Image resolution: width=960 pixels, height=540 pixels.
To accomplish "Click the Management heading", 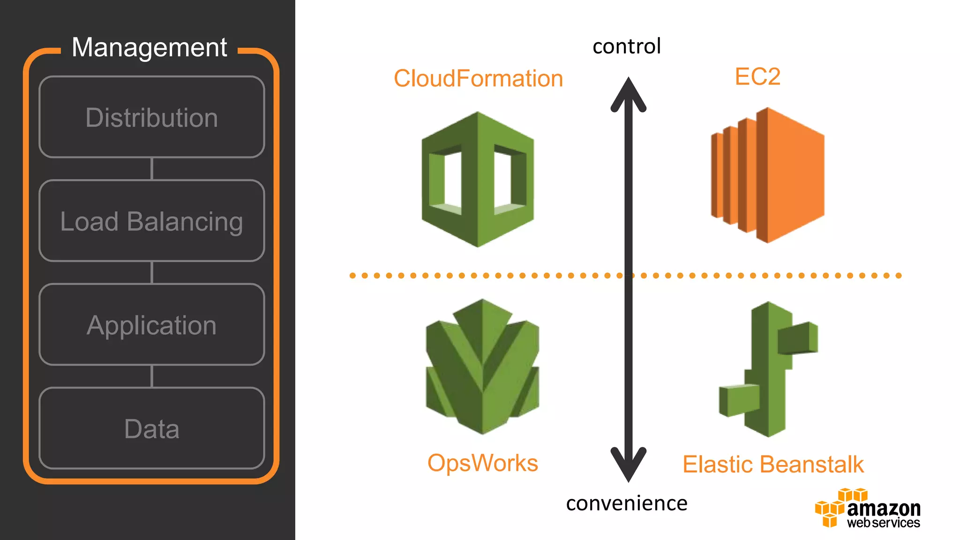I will click(x=149, y=47).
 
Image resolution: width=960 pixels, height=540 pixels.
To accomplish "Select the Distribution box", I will click(x=151, y=117).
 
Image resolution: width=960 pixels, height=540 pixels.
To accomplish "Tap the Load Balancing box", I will click(x=151, y=221).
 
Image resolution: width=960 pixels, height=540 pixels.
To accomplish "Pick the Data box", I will click(x=151, y=428).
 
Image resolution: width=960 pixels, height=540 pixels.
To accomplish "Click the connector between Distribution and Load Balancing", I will click(x=151, y=169).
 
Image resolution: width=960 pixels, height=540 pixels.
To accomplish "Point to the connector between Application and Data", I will click(x=151, y=376).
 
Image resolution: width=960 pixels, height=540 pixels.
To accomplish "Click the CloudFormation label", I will click(x=478, y=78).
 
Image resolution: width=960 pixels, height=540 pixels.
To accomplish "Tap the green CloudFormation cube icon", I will click(x=478, y=180).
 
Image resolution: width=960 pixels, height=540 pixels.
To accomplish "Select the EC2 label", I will click(x=757, y=76).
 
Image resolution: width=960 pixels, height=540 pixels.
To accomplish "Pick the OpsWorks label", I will click(x=482, y=463).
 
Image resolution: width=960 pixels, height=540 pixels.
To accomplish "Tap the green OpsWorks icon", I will click(x=482, y=367).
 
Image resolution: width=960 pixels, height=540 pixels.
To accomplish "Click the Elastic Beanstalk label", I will click(x=773, y=465).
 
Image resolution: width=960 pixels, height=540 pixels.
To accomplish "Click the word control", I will click(x=627, y=46).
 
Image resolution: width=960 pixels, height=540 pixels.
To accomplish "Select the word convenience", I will click(x=627, y=503).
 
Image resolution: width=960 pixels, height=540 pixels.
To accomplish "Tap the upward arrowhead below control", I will click(x=628, y=94).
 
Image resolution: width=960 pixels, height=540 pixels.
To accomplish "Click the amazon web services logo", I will click(x=868, y=509).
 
